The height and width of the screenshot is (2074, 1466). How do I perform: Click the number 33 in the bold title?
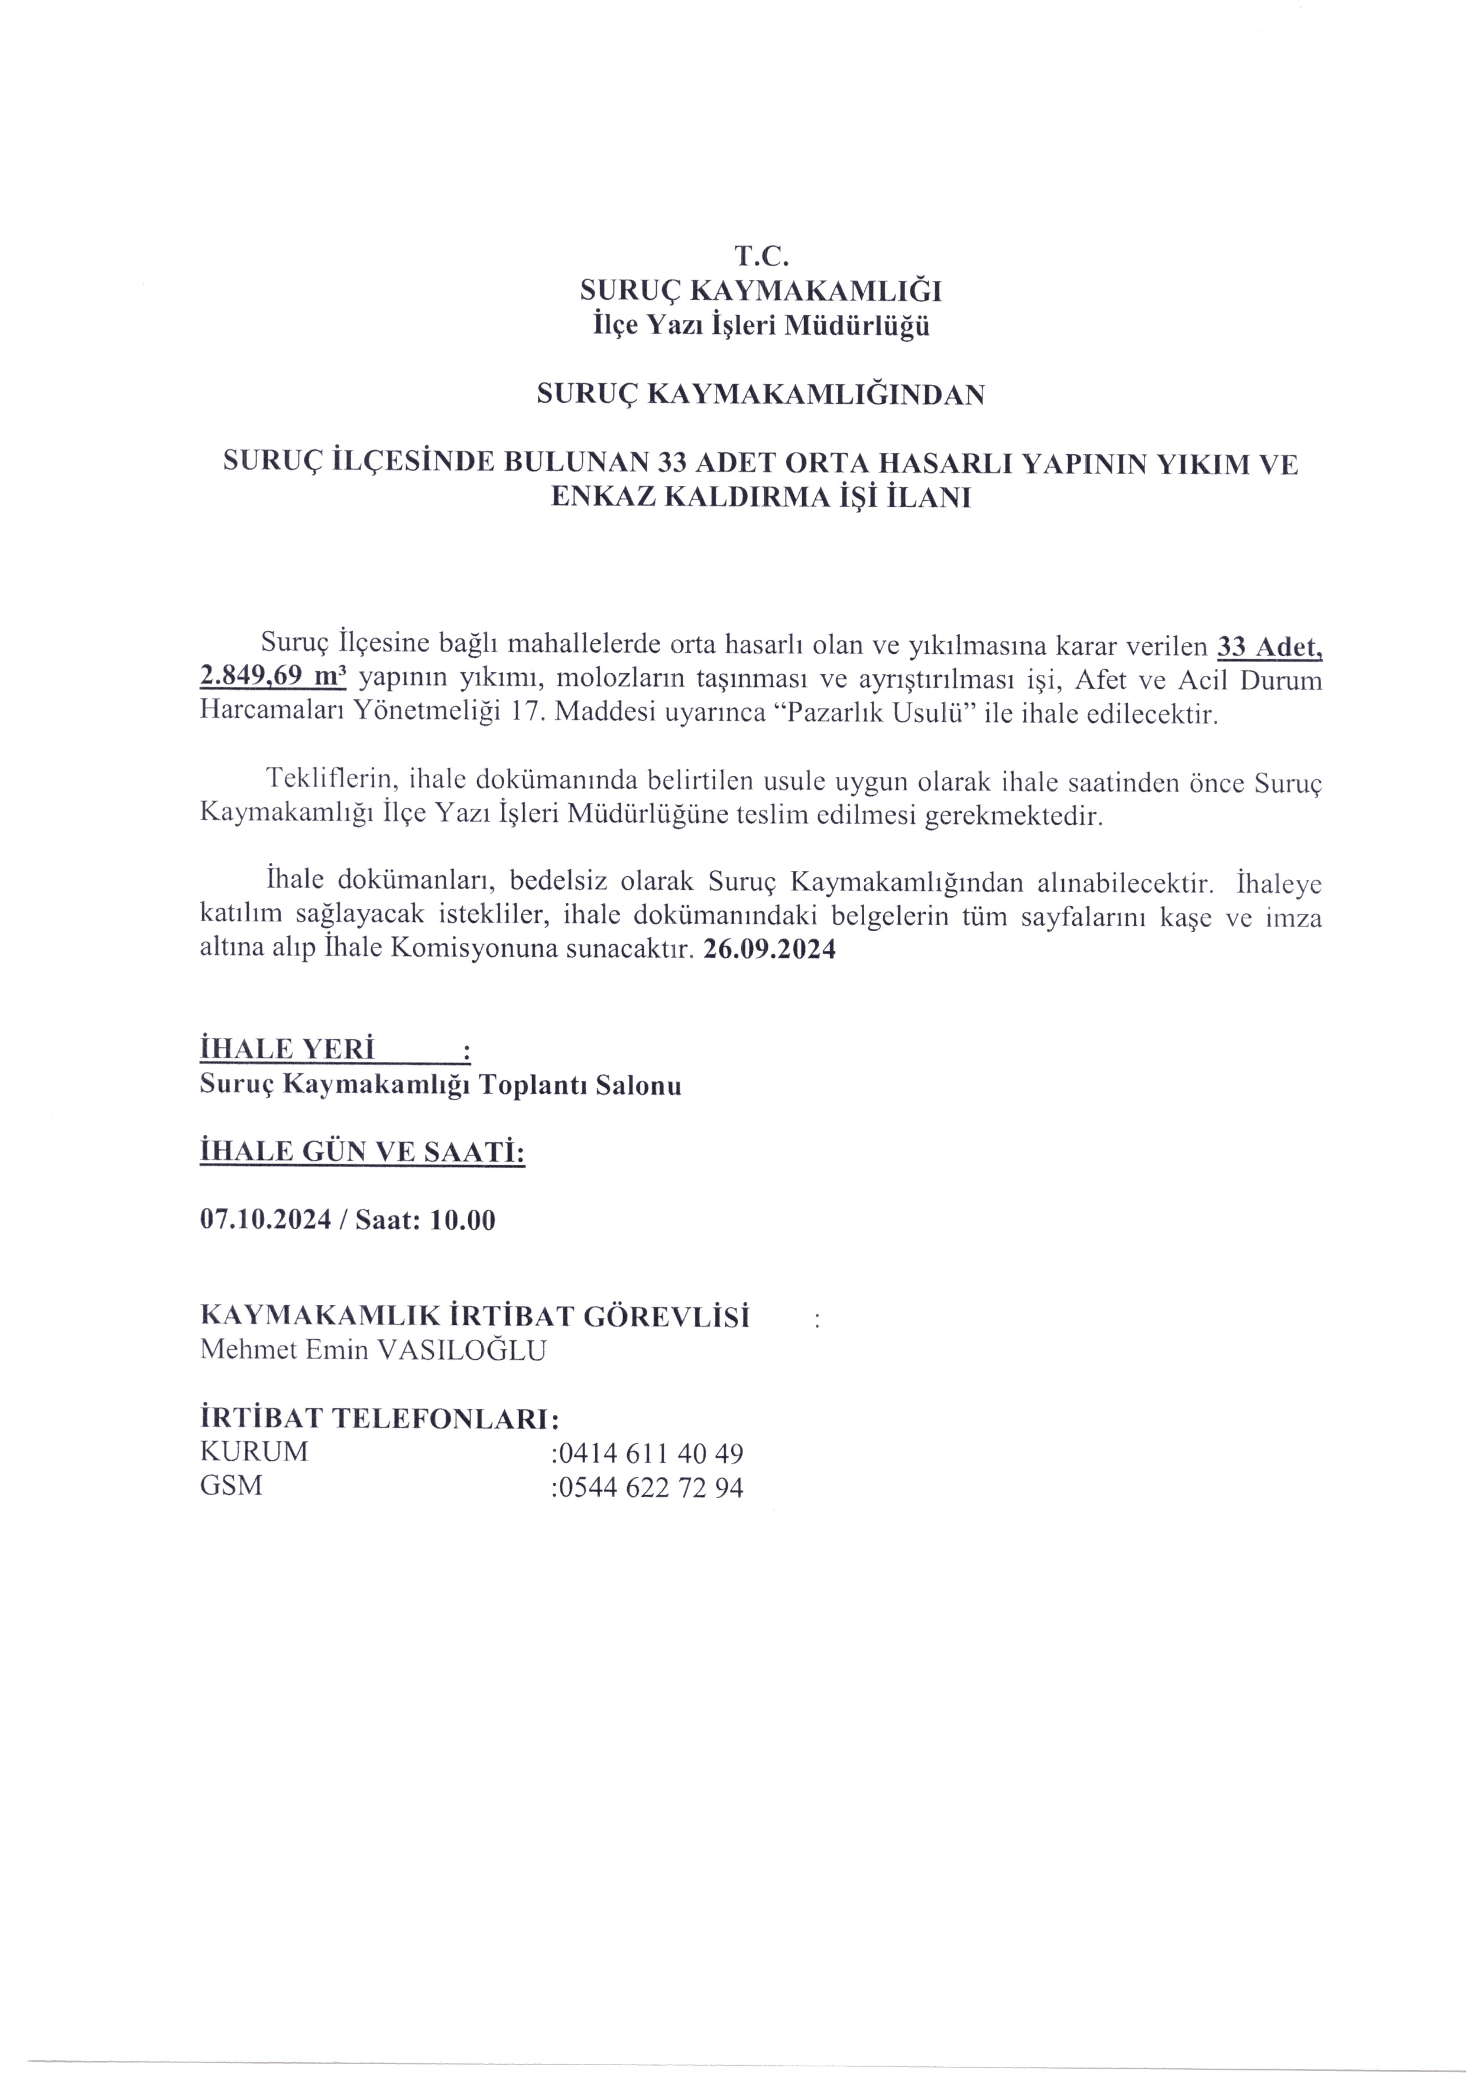pos(667,464)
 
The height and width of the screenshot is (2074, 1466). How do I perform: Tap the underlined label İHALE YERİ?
pos(287,1051)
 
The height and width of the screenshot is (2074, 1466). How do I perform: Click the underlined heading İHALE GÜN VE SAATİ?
pos(361,1153)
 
